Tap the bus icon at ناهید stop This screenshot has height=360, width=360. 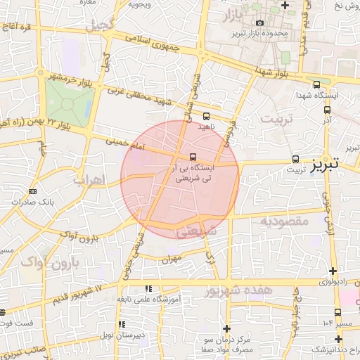206,116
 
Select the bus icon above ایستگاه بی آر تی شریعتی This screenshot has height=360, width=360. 193,157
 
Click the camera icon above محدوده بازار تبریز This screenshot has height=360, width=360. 260,22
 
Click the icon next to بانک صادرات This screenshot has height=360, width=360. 15,201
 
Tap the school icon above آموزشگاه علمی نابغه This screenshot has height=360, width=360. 148,288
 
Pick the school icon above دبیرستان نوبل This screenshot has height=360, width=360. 122,324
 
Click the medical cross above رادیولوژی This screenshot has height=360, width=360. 333,271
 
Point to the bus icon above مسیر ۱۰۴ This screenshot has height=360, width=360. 337,312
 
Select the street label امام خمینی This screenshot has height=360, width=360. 124,145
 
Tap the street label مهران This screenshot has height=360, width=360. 171,259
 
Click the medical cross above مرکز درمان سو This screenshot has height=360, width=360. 247,329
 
